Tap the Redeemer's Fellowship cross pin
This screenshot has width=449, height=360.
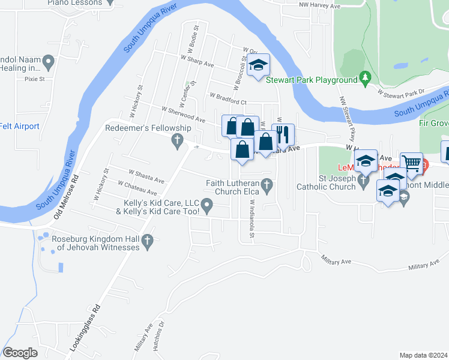point(177,141)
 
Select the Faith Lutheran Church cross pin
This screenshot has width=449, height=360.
point(270,184)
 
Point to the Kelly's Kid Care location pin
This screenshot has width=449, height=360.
point(208,207)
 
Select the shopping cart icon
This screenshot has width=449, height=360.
point(412,163)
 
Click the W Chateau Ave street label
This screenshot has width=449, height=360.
point(137,188)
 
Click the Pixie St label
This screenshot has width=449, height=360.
point(27,78)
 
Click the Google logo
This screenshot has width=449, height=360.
point(20,353)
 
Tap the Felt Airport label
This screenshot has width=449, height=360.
point(19,126)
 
